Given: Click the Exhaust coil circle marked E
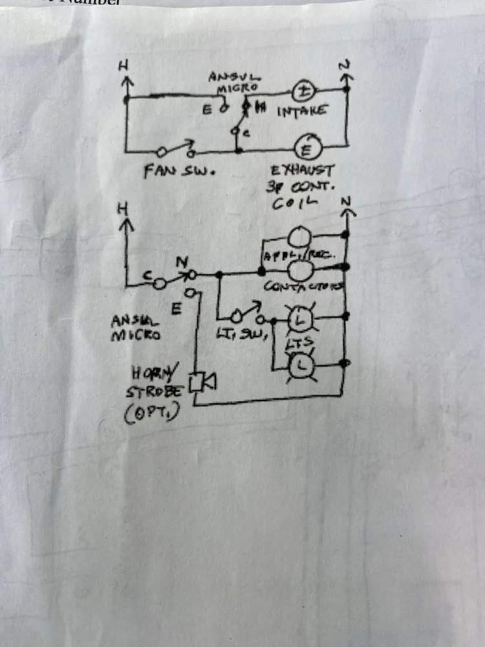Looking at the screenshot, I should click(x=303, y=149).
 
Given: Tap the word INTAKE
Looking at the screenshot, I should click(x=301, y=112).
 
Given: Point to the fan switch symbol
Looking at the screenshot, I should click(x=175, y=151).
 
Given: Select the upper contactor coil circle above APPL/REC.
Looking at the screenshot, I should click(x=299, y=236).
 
